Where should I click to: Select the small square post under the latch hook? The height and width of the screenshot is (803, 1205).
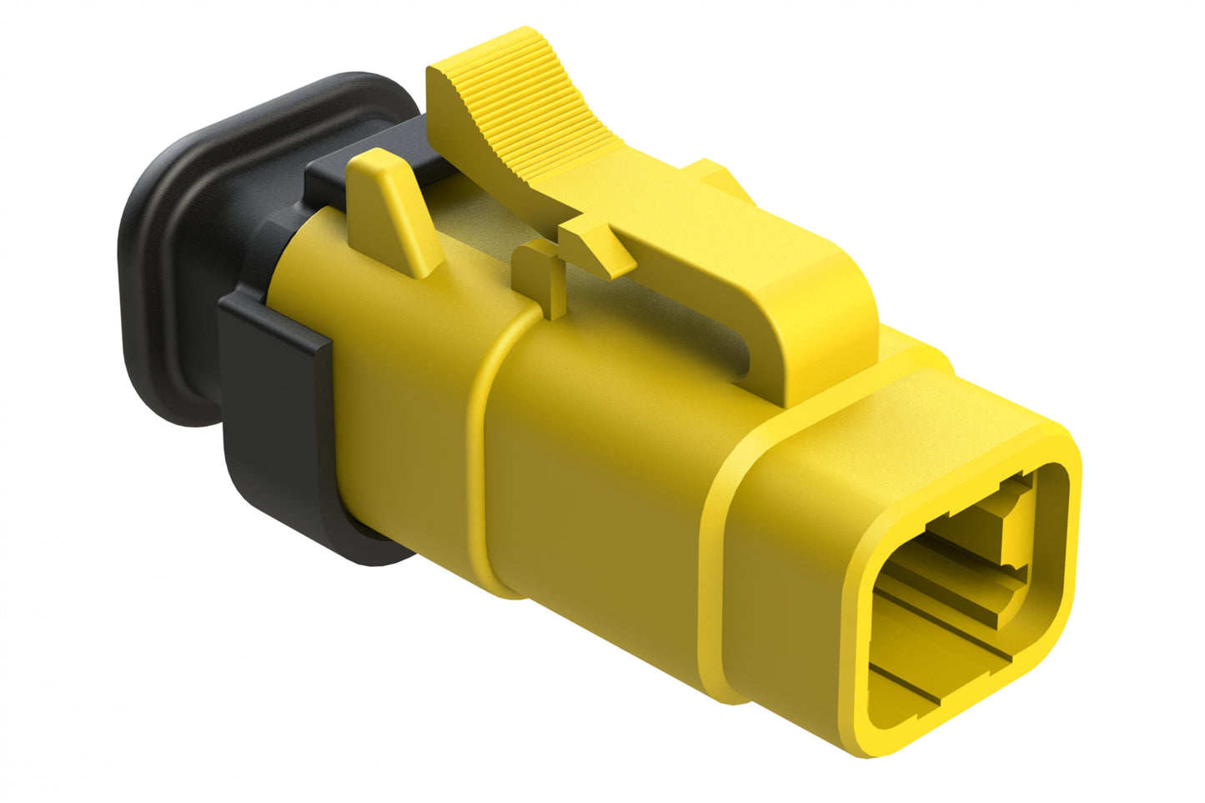click(x=537, y=275)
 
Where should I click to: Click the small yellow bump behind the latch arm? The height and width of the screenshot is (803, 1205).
click(x=717, y=175)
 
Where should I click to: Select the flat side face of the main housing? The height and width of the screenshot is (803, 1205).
click(x=600, y=500)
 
